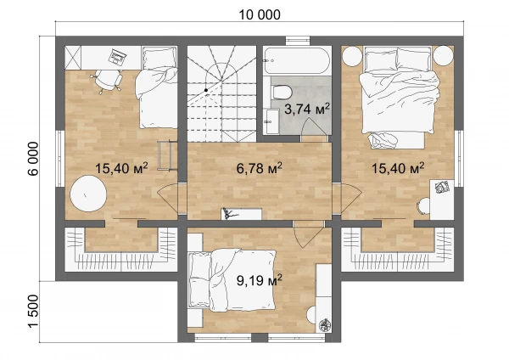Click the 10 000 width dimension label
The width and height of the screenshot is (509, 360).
tap(260, 14)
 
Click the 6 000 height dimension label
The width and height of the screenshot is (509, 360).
tap(33, 159)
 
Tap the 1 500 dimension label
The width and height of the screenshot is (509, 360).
tap(33, 312)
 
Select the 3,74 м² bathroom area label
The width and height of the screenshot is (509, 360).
tap(307, 109)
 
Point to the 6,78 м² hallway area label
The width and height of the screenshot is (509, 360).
tap(259, 168)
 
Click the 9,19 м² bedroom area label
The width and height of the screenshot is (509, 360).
tap(259, 280)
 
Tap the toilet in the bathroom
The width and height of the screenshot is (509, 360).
tap(282, 91)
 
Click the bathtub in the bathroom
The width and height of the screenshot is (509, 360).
tap(296, 61)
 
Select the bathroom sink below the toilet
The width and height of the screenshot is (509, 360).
tap(271, 121)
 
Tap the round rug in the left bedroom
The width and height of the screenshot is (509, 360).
tap(88, 194)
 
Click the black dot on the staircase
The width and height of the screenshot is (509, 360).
tap(206, 90)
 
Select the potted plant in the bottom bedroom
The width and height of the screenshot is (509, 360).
tap(324, 325)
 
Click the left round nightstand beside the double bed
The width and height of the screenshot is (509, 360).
tap(352, 56)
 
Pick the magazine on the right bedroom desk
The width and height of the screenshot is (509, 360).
tap(442, 187)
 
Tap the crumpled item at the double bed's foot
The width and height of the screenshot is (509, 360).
tap(383, 140)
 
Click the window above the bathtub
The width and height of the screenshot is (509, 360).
tap(298, 40)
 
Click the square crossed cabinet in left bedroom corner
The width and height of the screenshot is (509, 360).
tap(73, 57)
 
